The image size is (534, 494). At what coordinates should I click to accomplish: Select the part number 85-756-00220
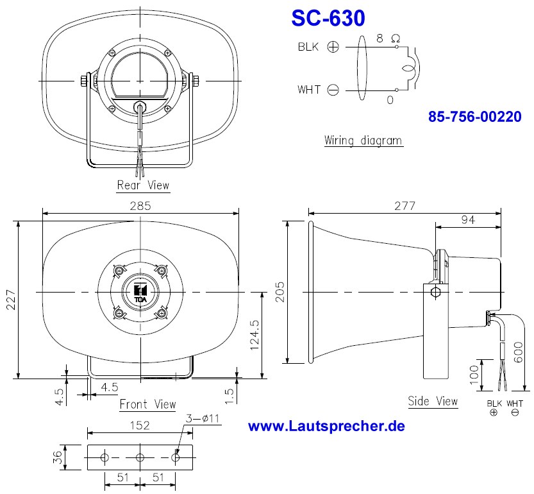(x=474, y=117)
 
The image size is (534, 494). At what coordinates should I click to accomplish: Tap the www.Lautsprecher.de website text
(x=326, y=426)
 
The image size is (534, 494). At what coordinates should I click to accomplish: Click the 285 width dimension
(x=140, y=206)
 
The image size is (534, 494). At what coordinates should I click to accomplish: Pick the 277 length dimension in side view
(x=405, y=206)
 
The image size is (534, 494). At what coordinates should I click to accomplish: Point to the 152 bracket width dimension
(x=139, y=425)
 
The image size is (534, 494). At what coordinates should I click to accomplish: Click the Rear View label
(x=143, y=185)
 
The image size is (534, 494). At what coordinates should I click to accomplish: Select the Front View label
(x=147, y=404)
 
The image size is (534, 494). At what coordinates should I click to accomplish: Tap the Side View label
(x=433, y=401)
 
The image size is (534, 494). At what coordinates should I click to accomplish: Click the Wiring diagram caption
(x=363, y=140)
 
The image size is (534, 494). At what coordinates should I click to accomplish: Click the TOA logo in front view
(x=140, y=292)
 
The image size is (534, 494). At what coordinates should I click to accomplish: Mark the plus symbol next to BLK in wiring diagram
(x=333, y=47)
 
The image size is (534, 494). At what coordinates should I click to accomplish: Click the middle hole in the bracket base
(x=139, y=458)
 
